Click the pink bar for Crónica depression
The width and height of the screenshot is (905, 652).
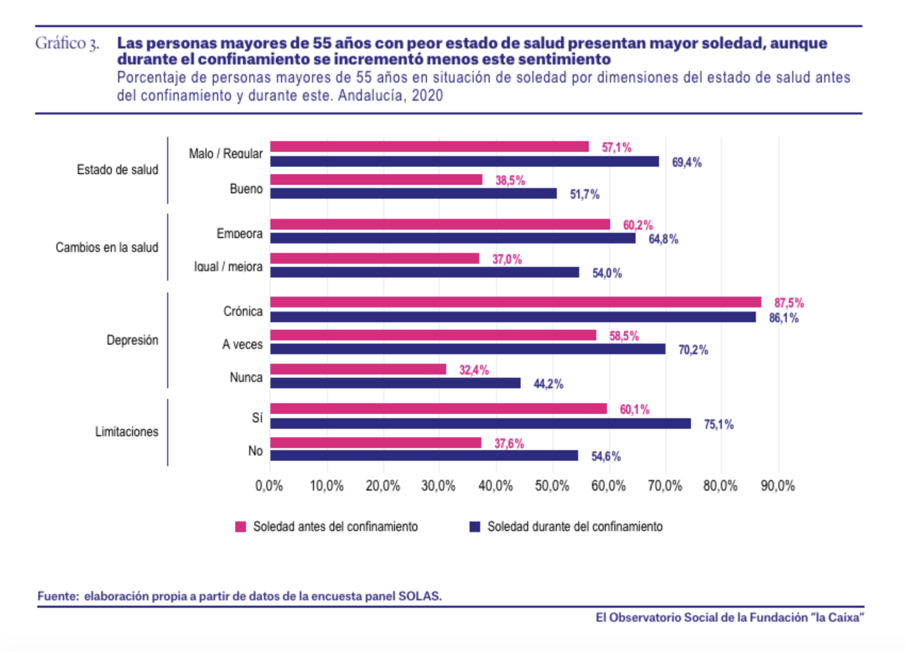pos(515,303)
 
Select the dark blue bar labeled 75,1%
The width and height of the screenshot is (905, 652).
pos(480,424)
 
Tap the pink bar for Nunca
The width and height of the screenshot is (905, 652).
pos(358,369)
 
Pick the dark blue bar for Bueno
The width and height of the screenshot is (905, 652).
pos(413,193)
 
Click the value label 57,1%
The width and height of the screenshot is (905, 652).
pos(616,148)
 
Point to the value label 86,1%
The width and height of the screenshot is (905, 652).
pos(784,319)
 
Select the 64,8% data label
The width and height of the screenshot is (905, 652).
pos(663,240)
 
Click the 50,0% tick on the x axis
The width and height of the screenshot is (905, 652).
pos(552,486)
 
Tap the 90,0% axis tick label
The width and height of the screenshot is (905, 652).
pos(778,486)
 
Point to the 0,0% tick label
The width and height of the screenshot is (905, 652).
pos(269,486)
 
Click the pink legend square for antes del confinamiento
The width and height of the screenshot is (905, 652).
pos(241,527)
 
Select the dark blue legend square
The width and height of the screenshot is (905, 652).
pos(475,527)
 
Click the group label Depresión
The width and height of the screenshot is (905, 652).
pos(132,340)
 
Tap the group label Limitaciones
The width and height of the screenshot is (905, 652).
pos(127,432)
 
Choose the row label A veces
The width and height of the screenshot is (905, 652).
pos(242,345)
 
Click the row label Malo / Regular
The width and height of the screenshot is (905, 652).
pos(226,154)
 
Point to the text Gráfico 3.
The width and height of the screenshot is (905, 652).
pos(67,44)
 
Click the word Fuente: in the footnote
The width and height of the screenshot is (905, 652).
pos(57,596)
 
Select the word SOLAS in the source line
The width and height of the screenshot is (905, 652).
pos(419,596)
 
